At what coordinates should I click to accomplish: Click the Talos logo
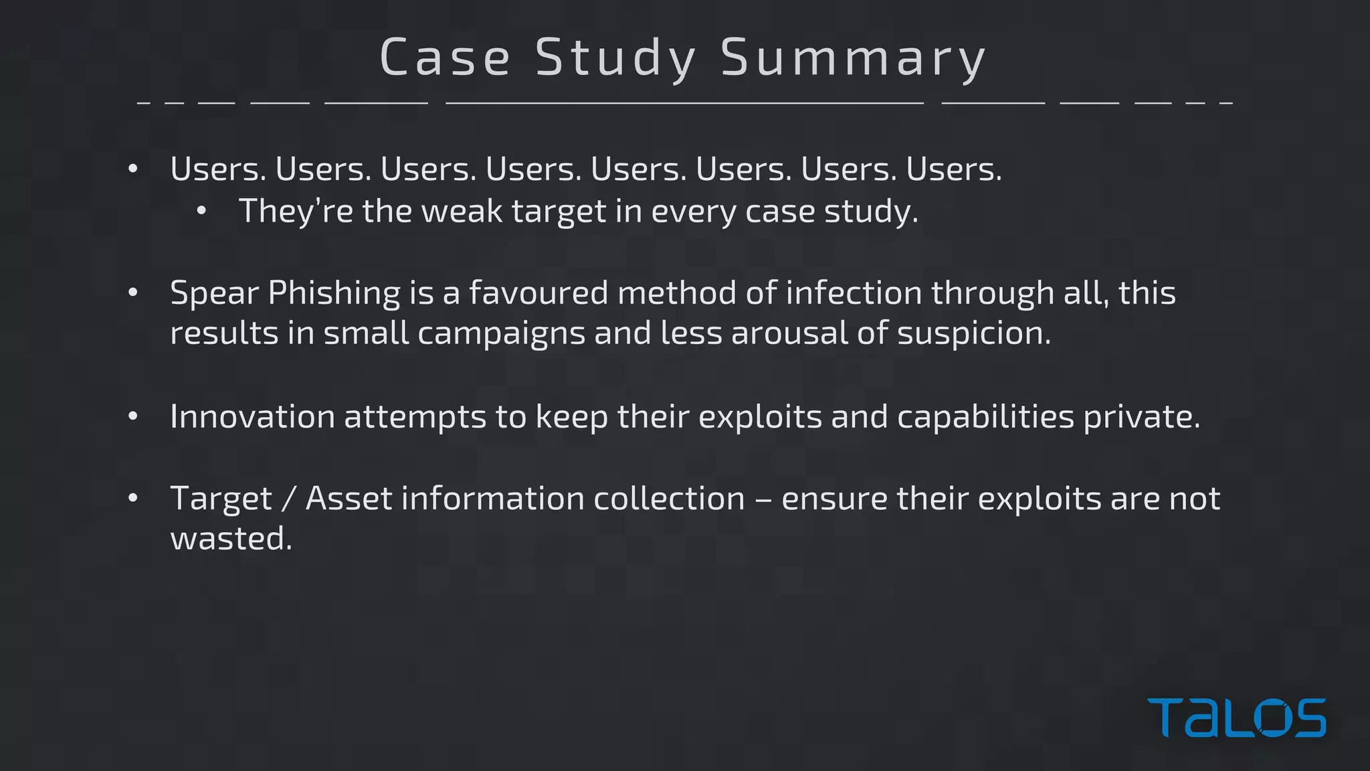click(1236, 717)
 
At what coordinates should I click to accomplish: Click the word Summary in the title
click(853, 58)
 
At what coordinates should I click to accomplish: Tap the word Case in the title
click(446, 58)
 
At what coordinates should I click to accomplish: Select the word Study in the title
click(616, 58)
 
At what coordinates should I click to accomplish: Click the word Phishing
click(334, 293)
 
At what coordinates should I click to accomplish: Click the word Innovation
click(252, 416)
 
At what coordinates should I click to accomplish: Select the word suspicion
click(973, 333)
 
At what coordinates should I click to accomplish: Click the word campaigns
click(501, 333)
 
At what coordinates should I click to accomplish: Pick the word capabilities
click(985, 416)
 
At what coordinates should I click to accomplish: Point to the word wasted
click(231, 538)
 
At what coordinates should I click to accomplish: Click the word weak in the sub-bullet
click(462, 211)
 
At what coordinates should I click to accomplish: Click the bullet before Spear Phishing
click(133, 293)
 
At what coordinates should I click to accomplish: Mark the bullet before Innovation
click(133, 416)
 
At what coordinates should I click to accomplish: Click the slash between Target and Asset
click(288, 499)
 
